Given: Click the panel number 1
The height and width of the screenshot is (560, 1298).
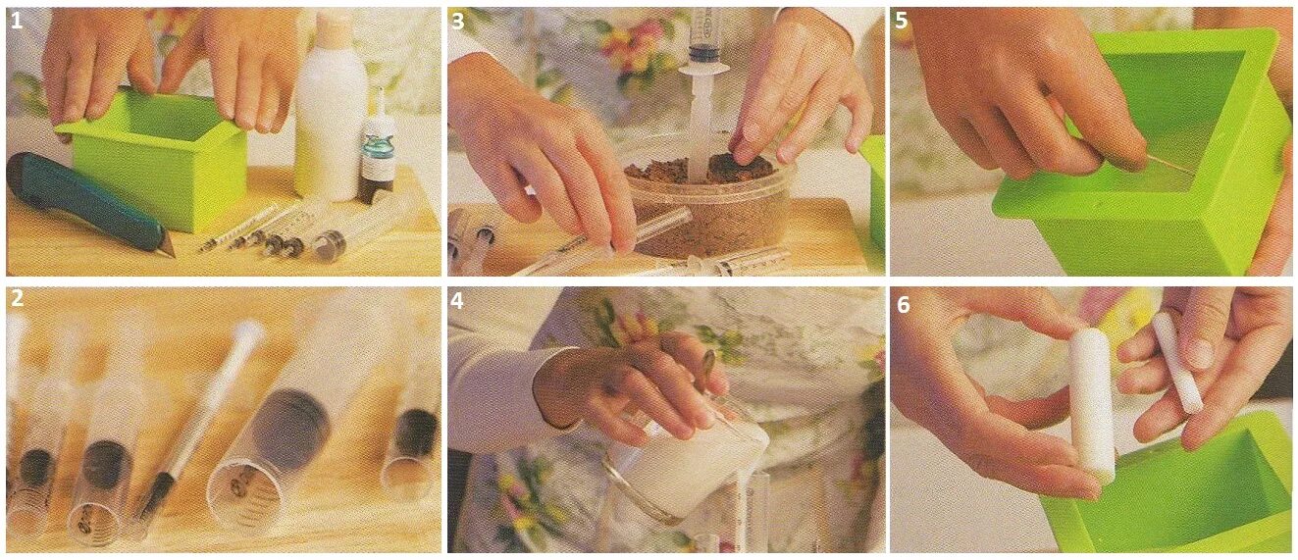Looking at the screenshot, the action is coord(17,22).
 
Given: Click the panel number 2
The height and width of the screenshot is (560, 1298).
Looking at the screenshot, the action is coord(18,299).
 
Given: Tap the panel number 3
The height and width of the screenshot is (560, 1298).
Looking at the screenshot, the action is coord(458,22).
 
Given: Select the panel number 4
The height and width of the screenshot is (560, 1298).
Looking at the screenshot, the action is coord(458,300).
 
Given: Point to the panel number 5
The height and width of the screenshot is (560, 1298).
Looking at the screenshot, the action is coord(901,22).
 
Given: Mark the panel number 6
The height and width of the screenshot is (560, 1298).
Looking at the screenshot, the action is coord(903,305).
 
